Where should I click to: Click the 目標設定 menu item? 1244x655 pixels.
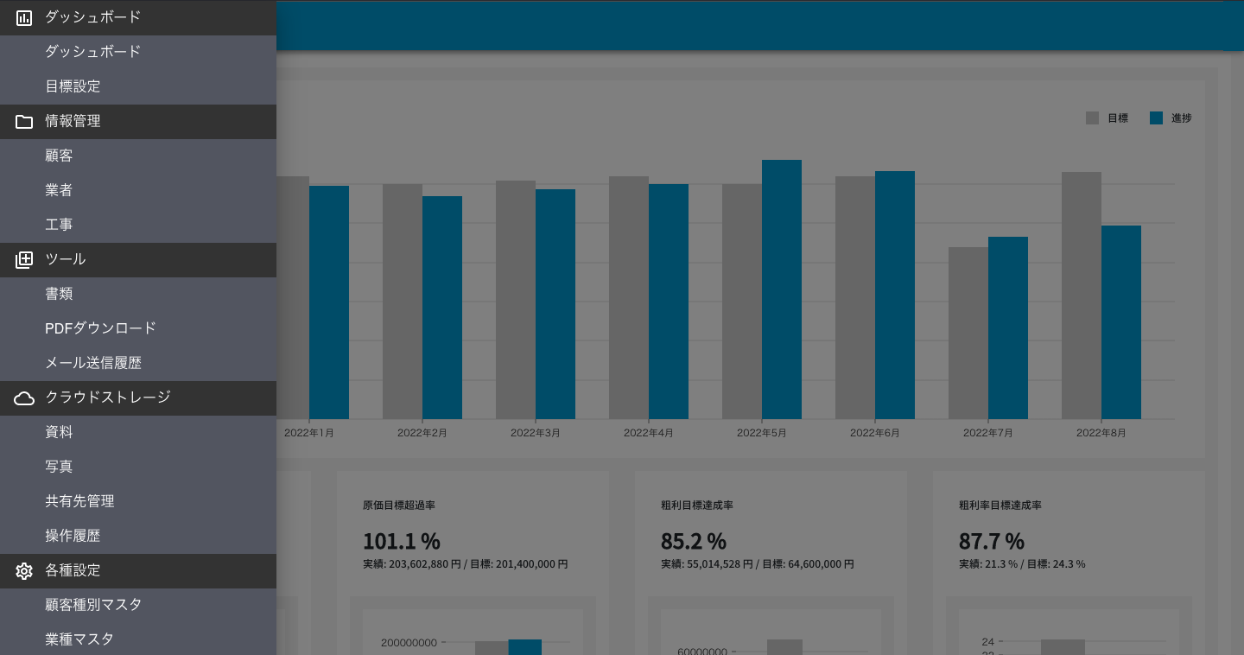click(73, 86)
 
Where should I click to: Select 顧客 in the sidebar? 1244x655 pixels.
click(59, 156)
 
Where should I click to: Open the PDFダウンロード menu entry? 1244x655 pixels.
click(100, 328)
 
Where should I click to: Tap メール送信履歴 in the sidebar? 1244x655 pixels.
click(92, 363)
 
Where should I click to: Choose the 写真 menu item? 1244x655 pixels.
click(59, 467)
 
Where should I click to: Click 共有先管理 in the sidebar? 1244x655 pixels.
click(79, 501)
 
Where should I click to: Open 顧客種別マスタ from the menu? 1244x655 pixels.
click(93, 605)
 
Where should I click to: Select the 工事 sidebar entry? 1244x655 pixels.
click(59, 225)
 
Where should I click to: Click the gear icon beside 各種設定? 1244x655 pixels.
click(24, 571)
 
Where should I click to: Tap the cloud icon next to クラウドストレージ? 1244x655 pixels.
click(24, 398)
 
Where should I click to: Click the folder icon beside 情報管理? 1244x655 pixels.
click(24, 122)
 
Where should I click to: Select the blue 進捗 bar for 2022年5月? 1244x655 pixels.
click(781, 289)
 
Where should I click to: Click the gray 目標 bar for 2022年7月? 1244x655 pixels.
click(968, 333)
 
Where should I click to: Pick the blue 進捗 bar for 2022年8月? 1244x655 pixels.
click(1120, 322)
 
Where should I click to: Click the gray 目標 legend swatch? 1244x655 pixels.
click(1092, 118)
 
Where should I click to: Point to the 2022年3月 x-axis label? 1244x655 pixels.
click(535, 433)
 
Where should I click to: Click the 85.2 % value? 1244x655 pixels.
click(693, 542)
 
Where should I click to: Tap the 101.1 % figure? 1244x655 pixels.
click(401, 542)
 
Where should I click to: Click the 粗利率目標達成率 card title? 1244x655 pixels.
click(1000, 506)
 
